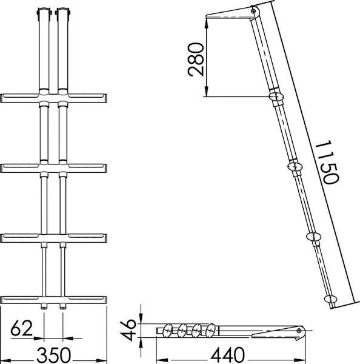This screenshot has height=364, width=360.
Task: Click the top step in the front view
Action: click(55, 98)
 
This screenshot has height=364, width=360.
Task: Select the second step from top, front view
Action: click(55, 165)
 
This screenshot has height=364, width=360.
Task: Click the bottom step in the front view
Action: click(55, 300)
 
